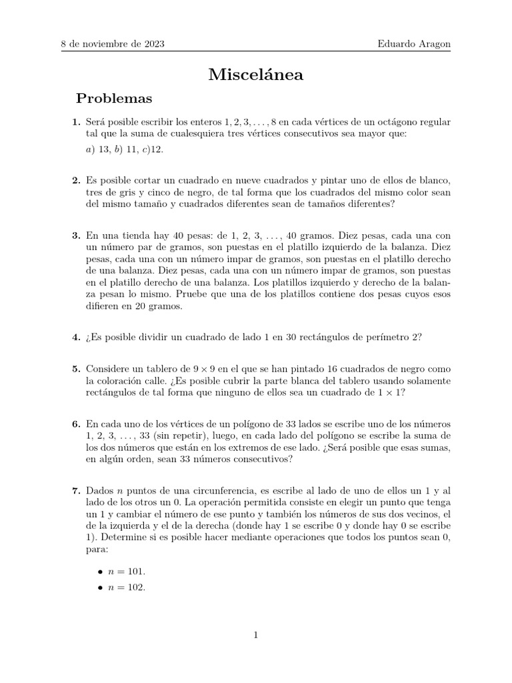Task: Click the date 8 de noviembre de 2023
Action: (113, 44)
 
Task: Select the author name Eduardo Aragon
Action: (414, 44)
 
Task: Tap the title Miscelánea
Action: (256, 75)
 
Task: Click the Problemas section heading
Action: (114, 99)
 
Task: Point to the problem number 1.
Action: (75, 122)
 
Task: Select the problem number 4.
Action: (75, 337)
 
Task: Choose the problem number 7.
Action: (75, 491)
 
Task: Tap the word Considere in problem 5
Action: (109, 369)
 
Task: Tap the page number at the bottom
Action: (256, 635)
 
